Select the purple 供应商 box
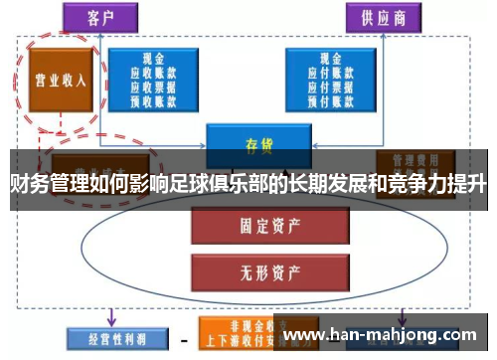coord(381,17)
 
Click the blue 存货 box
coord(255,141)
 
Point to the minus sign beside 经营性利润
coord(184,338)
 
